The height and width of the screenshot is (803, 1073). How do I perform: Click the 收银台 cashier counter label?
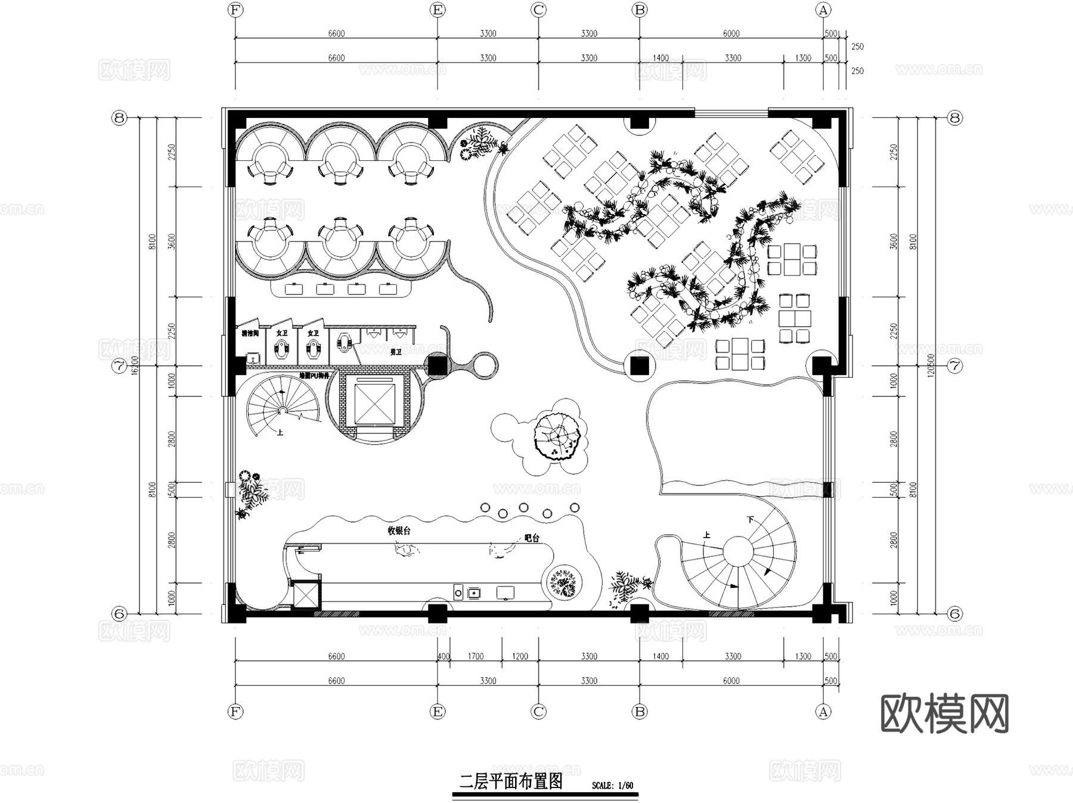(x=399, y=530)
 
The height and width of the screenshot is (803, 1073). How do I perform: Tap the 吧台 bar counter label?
(x=532, y=538)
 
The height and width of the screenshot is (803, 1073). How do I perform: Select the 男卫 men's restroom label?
(x=395, y=352)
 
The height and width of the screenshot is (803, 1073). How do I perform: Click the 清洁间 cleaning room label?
(x=250, y=333)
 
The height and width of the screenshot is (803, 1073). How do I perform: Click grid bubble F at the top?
(x=236, y=10)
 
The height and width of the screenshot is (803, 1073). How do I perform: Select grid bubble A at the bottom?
(x=823, y=711)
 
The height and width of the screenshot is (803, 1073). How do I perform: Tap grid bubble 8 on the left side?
(x=119, y=118)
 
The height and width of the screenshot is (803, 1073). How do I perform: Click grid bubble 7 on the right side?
(x=955, y=365)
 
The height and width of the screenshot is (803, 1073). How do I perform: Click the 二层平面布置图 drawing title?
(x=511, y=782)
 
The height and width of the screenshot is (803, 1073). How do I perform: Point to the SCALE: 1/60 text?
(x=612, y=786)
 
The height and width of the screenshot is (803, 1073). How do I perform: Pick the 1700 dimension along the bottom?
(x=476, y=656)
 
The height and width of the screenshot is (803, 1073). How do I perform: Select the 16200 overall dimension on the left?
(x=135, y=365)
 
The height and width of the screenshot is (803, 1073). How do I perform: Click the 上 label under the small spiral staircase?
(x=280, y=433)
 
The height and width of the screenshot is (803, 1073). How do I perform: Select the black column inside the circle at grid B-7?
(x=641, y=365)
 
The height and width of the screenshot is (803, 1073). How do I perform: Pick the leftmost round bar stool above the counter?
(x=485, y=507)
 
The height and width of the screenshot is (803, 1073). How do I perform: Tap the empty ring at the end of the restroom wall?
(x=484, y=365)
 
